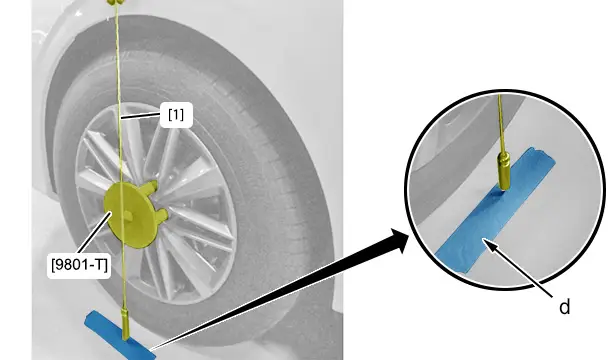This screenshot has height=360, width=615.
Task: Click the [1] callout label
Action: [x=176, y=115]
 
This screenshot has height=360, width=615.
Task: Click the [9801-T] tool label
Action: [x=79, y=265]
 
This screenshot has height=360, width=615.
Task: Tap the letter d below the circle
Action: [x=564, y=307]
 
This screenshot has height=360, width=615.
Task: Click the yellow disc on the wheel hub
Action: [x=127, y=215]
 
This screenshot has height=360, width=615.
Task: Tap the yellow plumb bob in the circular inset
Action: [x=503, y=172]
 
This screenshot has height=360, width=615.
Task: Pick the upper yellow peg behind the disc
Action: [x=151, y=187]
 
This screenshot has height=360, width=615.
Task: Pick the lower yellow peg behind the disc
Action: [x=162, y=214]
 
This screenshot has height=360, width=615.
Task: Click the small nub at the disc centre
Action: [x=127, y=215]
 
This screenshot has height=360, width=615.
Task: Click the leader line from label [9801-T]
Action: [x=92, y=233]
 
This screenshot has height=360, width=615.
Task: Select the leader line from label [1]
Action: [x=141, y=116]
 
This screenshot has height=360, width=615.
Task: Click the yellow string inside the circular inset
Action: [x=500, y=124]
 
